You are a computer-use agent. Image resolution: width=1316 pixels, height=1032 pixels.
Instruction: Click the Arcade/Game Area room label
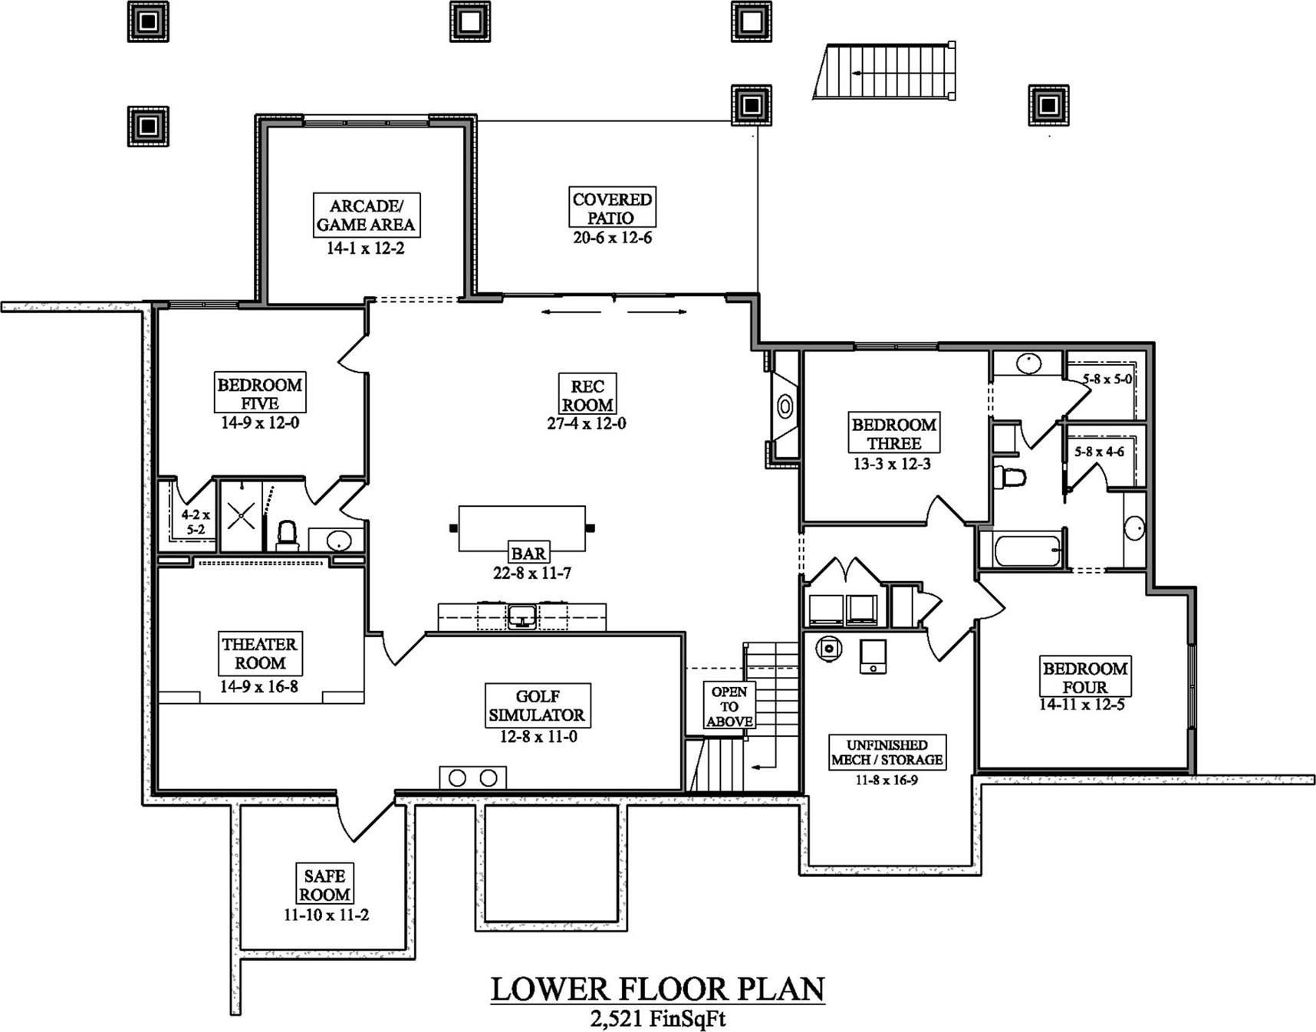pos(366,215)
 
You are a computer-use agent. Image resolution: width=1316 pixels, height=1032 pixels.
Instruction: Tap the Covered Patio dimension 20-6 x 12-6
pos(612,238)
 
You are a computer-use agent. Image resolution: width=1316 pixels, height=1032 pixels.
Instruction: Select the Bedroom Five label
pos(259,393)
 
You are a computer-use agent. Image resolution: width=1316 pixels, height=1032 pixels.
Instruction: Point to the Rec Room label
pos(587,395)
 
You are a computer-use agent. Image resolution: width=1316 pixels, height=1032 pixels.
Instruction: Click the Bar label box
pos(528,553)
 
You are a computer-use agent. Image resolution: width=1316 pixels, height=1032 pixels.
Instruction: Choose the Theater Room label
pos(259,653)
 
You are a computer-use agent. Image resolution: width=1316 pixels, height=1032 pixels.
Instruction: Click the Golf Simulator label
pos(537,706)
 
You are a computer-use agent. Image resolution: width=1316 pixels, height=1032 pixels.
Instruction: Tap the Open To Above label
pos(729,706)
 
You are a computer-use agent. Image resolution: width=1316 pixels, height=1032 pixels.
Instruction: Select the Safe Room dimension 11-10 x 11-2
pos(326,915)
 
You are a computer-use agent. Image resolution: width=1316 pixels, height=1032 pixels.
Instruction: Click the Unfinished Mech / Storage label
pos(887,752)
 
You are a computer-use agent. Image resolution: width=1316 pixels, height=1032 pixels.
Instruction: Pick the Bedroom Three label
pos(894,433)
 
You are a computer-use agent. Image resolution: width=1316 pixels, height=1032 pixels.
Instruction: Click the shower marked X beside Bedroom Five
pos(241,517)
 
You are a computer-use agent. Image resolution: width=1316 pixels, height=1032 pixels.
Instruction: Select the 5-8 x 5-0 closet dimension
pos(1107,379)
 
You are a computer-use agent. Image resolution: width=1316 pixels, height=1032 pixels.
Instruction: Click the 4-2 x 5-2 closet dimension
pos(195,522)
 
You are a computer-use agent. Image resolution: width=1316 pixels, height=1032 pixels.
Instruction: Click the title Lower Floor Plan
pos(657,989)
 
